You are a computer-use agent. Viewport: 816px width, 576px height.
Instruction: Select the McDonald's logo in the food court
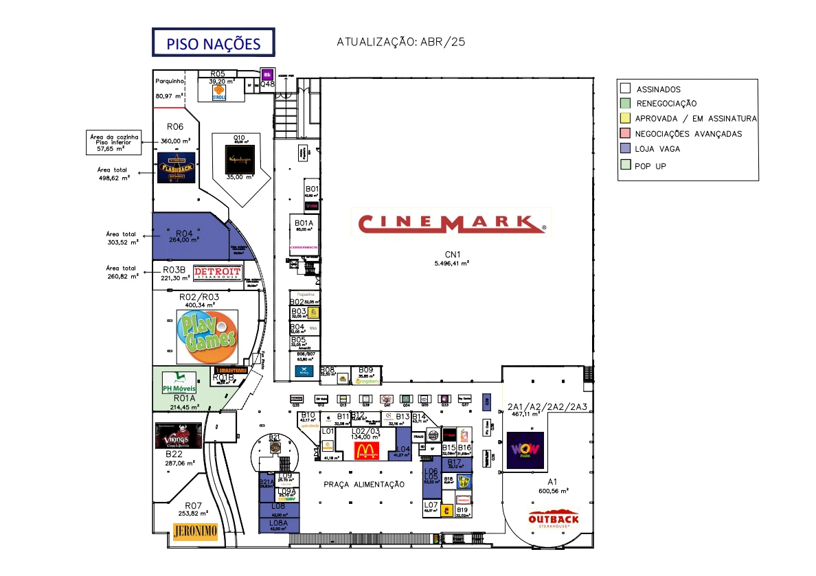[367, 450]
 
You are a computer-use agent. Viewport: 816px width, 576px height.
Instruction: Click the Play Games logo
[207, 337]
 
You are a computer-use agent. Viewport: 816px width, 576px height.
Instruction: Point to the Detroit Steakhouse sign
[218, 273]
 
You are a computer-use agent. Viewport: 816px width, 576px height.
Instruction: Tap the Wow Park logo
[525, 450]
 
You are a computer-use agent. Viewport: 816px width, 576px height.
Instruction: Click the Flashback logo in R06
[177, 168]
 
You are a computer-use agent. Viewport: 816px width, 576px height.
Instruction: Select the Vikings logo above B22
[179, 435]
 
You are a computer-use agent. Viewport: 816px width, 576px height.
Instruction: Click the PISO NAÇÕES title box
[213, 43]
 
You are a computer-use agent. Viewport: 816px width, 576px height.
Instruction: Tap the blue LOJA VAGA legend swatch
[625, 148]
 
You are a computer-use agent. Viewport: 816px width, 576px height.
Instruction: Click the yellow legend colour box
[625, 118]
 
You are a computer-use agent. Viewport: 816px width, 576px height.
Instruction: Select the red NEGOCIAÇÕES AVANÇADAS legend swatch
[625, 133]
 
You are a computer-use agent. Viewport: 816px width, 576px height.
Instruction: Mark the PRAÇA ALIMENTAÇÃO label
[364, 485]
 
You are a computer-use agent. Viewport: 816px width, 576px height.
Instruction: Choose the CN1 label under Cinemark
[451, 255]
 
